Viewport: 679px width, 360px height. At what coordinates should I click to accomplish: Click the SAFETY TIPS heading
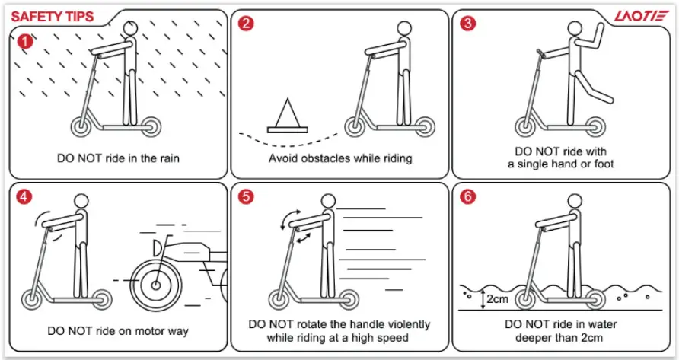52,16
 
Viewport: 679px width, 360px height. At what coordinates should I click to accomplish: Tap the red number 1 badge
24,40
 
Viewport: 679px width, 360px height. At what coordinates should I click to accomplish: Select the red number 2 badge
245,24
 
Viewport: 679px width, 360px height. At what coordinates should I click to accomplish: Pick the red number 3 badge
468,24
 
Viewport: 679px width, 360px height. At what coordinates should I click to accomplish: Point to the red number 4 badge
24,197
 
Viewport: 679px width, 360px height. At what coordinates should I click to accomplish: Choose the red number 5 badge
245,197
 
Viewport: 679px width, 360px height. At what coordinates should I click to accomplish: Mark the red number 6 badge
468,197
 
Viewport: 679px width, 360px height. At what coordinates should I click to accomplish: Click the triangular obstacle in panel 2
288,116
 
